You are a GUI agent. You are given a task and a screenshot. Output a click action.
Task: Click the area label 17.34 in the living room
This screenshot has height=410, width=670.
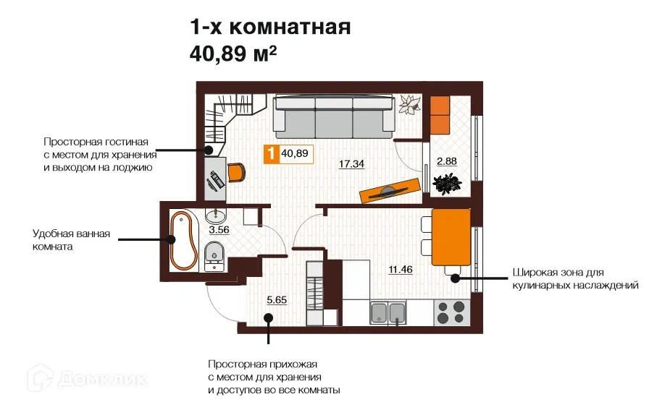(352, 164)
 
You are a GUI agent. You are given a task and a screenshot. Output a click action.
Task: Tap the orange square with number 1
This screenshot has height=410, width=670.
(271, 153)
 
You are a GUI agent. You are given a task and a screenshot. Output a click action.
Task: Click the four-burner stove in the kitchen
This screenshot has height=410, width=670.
(451, 312)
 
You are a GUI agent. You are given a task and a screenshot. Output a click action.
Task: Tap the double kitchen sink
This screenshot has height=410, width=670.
(387, 313)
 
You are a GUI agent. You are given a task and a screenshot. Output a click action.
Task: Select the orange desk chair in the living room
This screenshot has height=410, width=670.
(237, 172)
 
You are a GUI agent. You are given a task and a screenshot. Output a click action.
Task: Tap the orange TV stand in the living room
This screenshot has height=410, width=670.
(390, 190)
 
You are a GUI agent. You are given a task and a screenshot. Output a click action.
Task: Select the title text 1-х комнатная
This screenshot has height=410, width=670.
(270, 27)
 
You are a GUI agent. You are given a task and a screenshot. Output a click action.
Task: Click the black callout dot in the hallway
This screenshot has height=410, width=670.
(268, 317)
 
